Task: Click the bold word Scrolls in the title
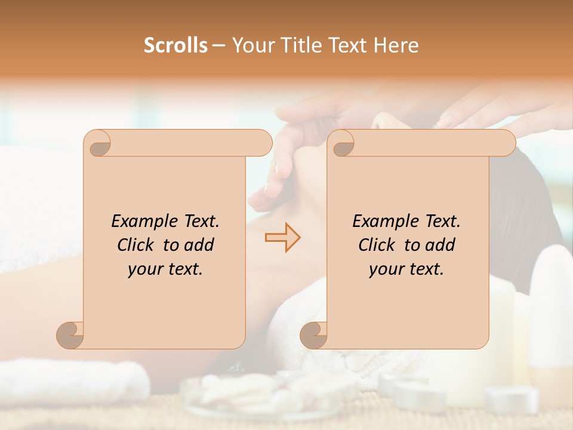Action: [x=176, y=45]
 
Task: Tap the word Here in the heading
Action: [x=396, y=45]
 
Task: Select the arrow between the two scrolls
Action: [x=283, y=237]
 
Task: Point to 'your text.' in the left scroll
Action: [x=165, y=269]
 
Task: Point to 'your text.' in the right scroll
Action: [x=406, y=269]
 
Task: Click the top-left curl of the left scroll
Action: [x=98, y=143]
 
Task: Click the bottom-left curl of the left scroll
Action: [x=70, y=335]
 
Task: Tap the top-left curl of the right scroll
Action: [x=341, y=143]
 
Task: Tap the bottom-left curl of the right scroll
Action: [x=314, y=335]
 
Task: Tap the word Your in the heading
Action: [x=252, y=45]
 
